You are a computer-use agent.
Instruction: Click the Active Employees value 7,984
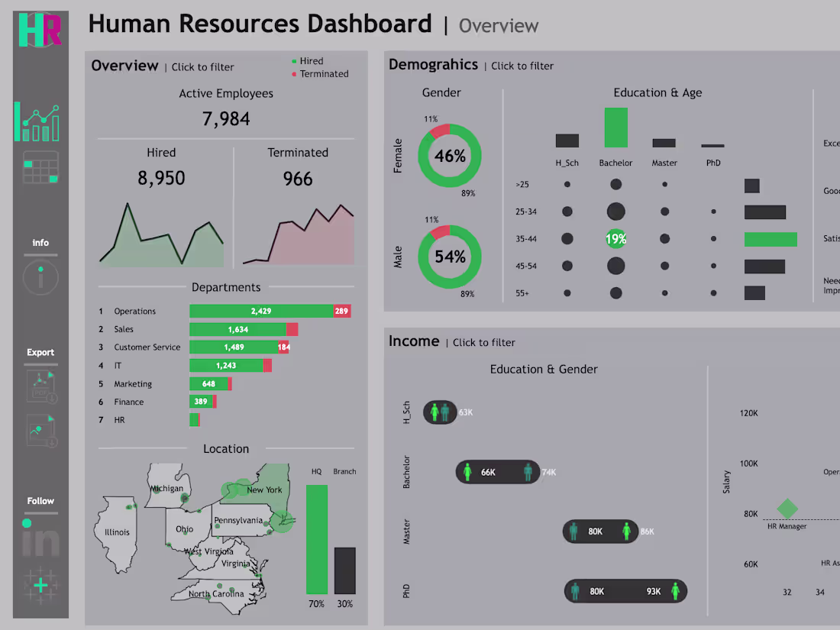click(226, 119)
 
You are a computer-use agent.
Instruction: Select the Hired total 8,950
click(161, 178)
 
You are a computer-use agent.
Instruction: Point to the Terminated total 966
click(297, 179)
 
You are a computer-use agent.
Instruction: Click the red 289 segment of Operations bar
click(341, 311)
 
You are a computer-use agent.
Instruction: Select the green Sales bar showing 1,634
click(237, 329)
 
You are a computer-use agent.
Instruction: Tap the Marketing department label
click(133, 384)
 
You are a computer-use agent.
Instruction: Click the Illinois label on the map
click(117, 532)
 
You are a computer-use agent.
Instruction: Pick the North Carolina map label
click(216, 593)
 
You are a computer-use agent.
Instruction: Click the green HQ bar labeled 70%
click(317, 539)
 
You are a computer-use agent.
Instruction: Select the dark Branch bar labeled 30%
click(344, 570)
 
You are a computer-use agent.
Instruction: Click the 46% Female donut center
click(450, 156)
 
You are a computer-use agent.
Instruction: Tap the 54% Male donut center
click(450, 257)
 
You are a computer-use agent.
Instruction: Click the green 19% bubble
click(615, 239)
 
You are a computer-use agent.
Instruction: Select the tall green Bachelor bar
click(615, 128)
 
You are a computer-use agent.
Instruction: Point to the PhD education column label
click(712, 163)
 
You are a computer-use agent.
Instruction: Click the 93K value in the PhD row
click(653, 591)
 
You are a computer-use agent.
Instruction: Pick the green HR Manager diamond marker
click(787, 509)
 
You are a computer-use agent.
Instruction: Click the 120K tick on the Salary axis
click(748, 413)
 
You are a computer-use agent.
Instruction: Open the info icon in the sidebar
click(40, 276)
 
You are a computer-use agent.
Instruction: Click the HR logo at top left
click(40, 30)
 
